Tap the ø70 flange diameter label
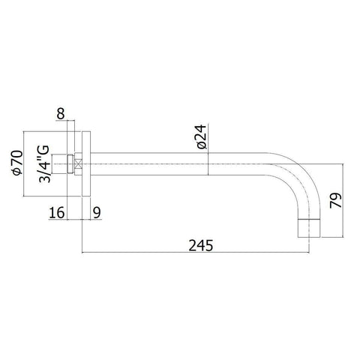tap(17, 163)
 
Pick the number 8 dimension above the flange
tap(60, 114)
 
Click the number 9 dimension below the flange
tap(97, 213)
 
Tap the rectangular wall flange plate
tap(86, 163)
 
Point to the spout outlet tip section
tap(309, 226)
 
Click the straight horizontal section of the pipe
tap(187, 163)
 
